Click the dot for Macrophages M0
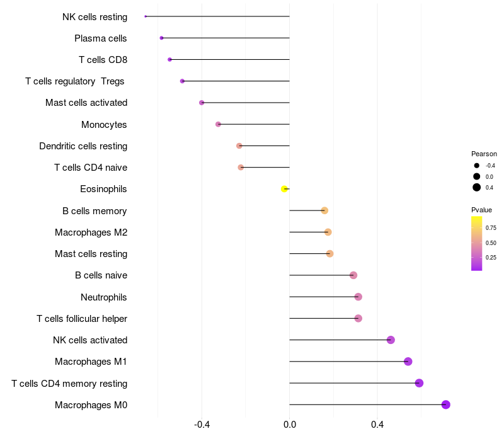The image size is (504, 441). point(446,404)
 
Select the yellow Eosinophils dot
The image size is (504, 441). point(285,189)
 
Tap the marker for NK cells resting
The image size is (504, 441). point(146,16)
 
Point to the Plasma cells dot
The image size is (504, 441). point(162,38)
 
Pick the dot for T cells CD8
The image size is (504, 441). point(169,59)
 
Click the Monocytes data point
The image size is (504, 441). point(219,124)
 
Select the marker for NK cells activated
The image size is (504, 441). point(391,340)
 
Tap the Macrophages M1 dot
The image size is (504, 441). point(408,362)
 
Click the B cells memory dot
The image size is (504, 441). point(324,210)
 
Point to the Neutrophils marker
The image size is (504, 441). point(358,297)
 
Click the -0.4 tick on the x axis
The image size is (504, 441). point(202,425)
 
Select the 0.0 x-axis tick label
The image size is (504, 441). point(290,425)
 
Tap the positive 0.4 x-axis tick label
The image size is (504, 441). point(377,425)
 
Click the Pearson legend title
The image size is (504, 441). point(484,154)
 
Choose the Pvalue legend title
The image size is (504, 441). point(482,210)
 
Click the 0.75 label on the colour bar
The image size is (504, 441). point(491,228)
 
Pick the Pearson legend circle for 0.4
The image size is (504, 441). point(477,187)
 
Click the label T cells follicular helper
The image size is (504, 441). point(82,319)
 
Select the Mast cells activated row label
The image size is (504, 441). point(86,103)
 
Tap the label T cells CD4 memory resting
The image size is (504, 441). point(69,384)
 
